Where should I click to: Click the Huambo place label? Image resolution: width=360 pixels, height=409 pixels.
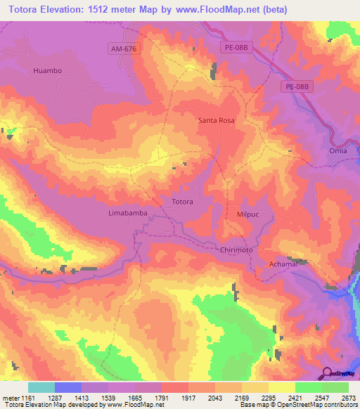coord(48,71)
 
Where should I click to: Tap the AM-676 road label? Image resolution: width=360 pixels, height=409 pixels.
coord(124,48)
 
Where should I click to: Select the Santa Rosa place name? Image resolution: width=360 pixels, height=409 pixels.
coord(216,120)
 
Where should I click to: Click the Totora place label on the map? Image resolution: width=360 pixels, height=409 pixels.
coord(182,202)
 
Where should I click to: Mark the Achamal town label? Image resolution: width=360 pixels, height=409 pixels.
coord(285,264)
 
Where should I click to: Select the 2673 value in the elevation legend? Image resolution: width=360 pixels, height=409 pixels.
coord(349,397)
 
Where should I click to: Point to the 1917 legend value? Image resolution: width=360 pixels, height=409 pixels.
coord(189,397)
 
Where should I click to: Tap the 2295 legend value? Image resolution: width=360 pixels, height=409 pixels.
coord(269,397)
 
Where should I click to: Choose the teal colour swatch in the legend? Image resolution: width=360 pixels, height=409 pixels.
coord(41,387)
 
